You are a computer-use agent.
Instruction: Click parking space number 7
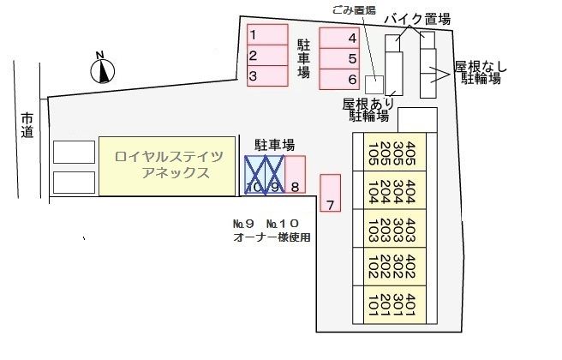[330, 193]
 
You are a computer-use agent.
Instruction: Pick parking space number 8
[295, 175]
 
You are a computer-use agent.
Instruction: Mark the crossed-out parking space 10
[254, 175]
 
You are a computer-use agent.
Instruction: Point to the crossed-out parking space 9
[274, 175]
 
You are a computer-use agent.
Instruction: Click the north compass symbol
[103, 68]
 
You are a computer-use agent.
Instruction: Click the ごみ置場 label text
[350, 10]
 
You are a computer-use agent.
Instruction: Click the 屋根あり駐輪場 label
[366, 109]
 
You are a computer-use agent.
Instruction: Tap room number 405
[411, 151]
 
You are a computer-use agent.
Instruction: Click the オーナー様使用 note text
[272, 237]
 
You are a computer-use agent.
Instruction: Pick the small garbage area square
[374, 84]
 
